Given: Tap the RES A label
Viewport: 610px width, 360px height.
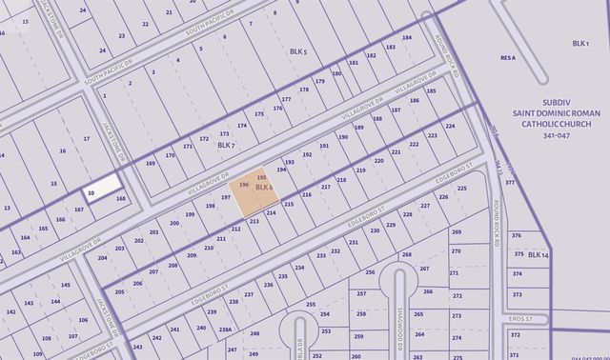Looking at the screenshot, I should coord(507,58).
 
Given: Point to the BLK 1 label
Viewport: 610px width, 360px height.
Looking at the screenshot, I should coord(580,44).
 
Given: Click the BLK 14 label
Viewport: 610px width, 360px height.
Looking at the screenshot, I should coord(539,254).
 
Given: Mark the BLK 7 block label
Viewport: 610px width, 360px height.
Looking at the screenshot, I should coord(225,145).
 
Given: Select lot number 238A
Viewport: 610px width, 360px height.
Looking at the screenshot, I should coord(225,330).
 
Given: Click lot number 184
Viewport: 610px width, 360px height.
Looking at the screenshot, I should coord(406,39).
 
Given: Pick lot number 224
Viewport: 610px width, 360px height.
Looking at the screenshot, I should coord(450,126).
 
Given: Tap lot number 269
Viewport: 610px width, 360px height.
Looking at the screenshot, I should coord(457,231).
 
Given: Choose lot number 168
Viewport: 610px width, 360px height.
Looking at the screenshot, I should coord(121,198).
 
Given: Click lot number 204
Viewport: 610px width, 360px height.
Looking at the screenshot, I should coord(102,257).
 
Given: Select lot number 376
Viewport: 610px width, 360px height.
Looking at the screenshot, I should coord(517,235).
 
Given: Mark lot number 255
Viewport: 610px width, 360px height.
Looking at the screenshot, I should coord(311,305).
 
